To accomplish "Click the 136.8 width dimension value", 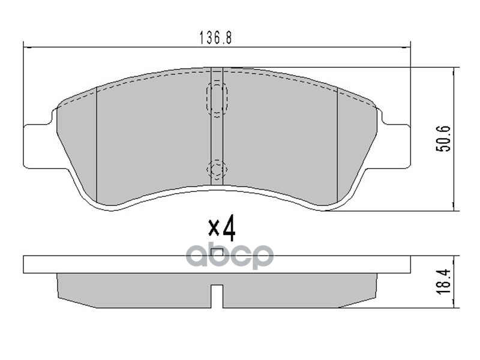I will click(x=215, y=37).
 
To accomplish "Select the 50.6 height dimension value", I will click(x=445, y=139).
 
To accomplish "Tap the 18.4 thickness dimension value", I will click(x=445, y=281).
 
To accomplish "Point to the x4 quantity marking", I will click(x=221, y=229).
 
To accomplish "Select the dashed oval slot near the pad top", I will click(x=217, y=98).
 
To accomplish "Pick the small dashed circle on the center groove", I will click(x=217, y=169).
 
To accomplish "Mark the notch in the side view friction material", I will click(x=217, y=298).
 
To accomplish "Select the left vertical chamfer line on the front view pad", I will click(x=97, y=144).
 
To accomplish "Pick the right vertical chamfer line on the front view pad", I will click(x=337, y=144).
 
